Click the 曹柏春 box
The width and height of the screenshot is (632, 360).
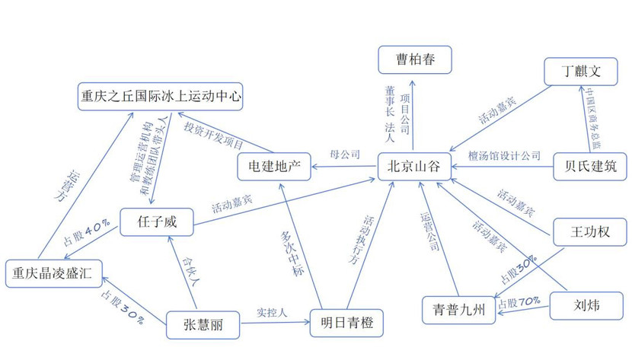(415, 60)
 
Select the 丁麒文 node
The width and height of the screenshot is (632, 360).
(581, 72)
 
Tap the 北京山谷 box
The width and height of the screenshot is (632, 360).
(414, 167)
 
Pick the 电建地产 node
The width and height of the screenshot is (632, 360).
(274, 167)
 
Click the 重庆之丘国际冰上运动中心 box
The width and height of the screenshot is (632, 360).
(161, 96)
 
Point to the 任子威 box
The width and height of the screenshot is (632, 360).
(157, 222)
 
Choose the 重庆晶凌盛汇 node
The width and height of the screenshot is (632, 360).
(54, 274)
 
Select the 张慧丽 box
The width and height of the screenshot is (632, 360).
(203, 325)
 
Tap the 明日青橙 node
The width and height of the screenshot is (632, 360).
(346, 323)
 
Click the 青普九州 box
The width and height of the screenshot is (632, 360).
(458, 310)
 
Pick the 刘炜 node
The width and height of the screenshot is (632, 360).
(586, 306)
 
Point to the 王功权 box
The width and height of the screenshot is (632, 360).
(590, 232)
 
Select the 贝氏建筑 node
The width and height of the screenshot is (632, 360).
(590, 167)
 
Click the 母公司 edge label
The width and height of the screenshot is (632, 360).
(345, 155)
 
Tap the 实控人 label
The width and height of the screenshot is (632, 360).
(272, 313)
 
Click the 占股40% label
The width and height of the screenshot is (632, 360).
(86, 233)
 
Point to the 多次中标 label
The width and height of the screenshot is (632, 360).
(292, 253)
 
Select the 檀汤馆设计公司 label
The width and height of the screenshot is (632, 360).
(504, 155)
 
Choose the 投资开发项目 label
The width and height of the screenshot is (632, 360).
(214, 135)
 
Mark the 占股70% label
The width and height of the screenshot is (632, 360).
(519, 302)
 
